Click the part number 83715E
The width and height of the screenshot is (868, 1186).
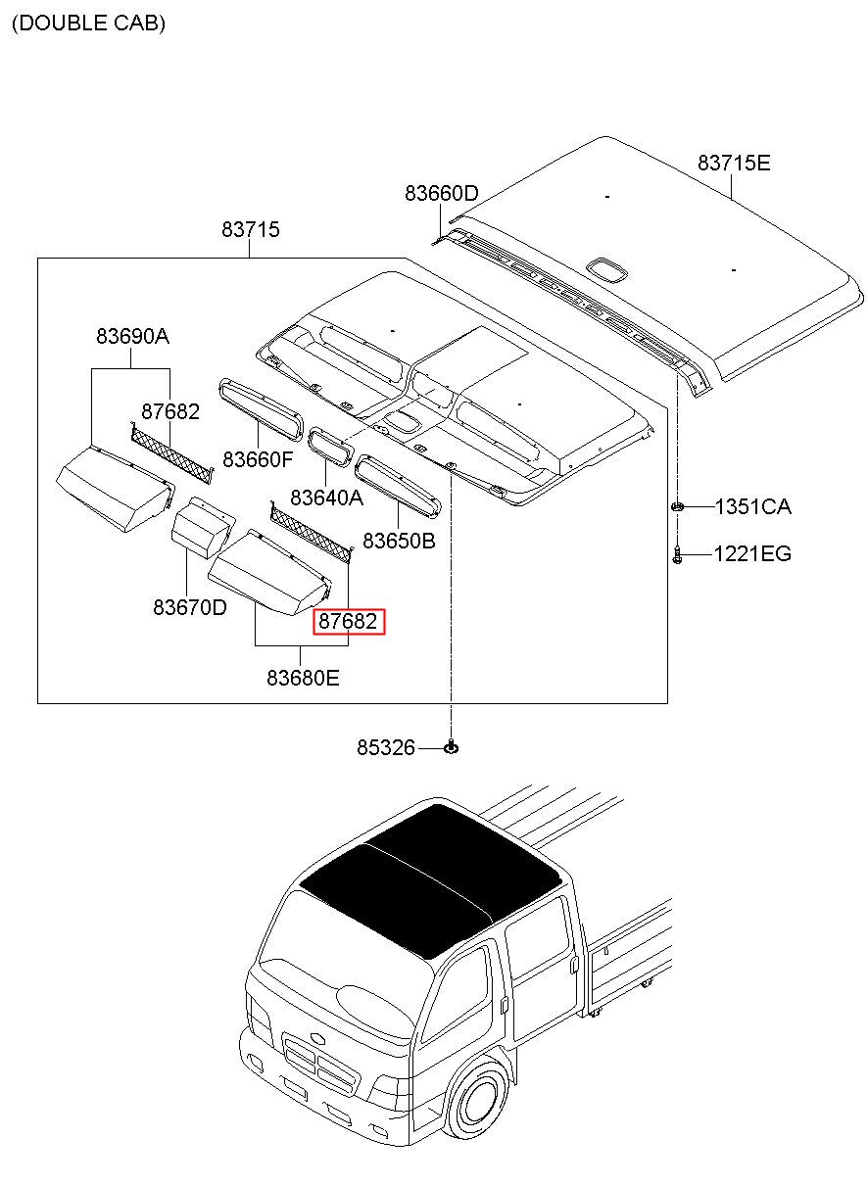tap(733, 163)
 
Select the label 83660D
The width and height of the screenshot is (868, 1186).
tap(441, 194)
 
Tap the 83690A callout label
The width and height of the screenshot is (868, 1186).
tap(132, 336)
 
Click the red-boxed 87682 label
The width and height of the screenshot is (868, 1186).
tap(349, 621)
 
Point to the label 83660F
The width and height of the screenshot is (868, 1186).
tap(257, 458)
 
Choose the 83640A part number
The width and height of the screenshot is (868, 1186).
tap(326, 498)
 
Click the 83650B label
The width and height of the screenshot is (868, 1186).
tap(399, 541)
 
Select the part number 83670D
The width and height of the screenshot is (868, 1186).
tap(189, 607)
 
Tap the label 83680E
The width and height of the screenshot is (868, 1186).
tap(303, 677)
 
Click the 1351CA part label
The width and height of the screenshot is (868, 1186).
tap(752, 506)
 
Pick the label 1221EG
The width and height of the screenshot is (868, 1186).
tap(751, 554)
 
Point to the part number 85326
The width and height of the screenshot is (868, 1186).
tap(386, 748)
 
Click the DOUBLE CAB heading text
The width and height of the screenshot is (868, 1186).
tap(88, 24)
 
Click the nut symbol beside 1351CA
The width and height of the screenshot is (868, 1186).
tap(677, 506)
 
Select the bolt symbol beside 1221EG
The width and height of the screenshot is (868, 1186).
tap(677, 554)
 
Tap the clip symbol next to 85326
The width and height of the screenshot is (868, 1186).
tap(451, 748)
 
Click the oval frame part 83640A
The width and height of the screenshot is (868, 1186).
tap(329, 444)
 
